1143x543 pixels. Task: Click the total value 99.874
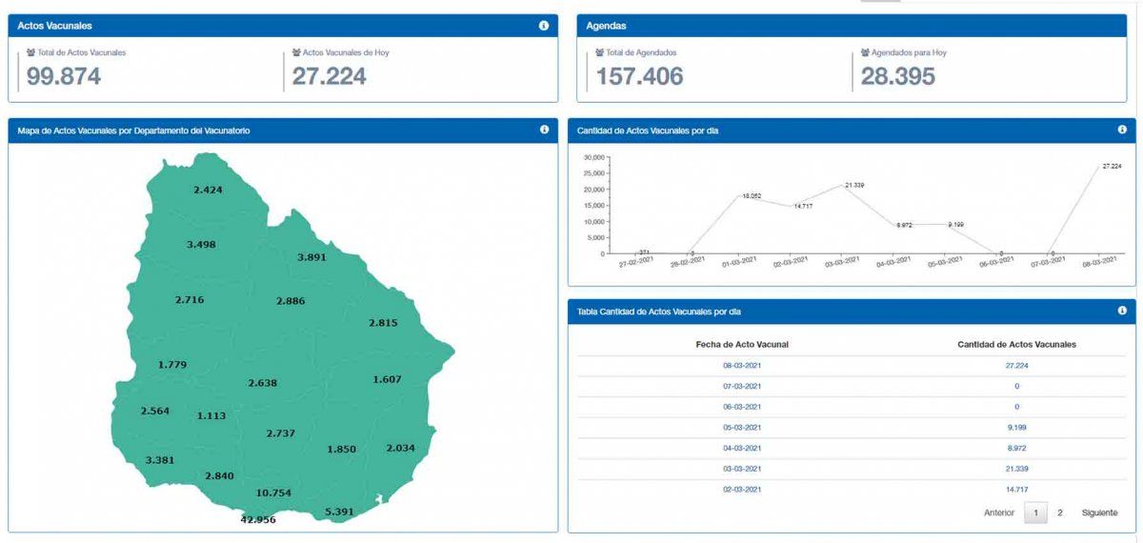pyautogui.click(x=63, y=77)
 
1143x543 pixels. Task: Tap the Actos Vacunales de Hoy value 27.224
pyautogui.click(x=329, y=77)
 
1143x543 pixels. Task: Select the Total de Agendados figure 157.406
pyautogui.click(x=639, y=77)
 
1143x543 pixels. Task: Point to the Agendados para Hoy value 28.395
pyautogui.click(x=897, y=77)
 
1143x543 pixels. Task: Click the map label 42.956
pyautogui.click(x=257, y=520)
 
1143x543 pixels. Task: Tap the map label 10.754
pyautogui.click(x=273, y=493)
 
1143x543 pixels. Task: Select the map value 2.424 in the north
pyautogui.click(x=208, y=190)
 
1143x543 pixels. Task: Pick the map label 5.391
pyautogui.click(x=339, y=512)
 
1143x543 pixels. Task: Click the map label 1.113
pyautogui.click(x=211, y=415)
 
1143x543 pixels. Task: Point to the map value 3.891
pyautogui.click(x=311, y=257)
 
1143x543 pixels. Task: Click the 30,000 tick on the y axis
pyautogui.click(x=593, y=157)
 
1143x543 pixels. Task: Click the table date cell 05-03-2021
pyautogui.click(x=742, y=428)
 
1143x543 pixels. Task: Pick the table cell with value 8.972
pyautogui.click(x=1016, y=448)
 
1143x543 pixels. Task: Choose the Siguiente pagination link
pyautogui.click(x=1099, y=513)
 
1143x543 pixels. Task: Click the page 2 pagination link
pyautogui.click(x=1059, y=513)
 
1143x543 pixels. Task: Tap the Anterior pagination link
pyautogui.click(x=998, y=513)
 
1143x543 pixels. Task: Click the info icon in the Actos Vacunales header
pyautogui.click(x=543, y=26)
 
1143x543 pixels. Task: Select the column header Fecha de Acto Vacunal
pyautogui.click(x=742, y=344)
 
